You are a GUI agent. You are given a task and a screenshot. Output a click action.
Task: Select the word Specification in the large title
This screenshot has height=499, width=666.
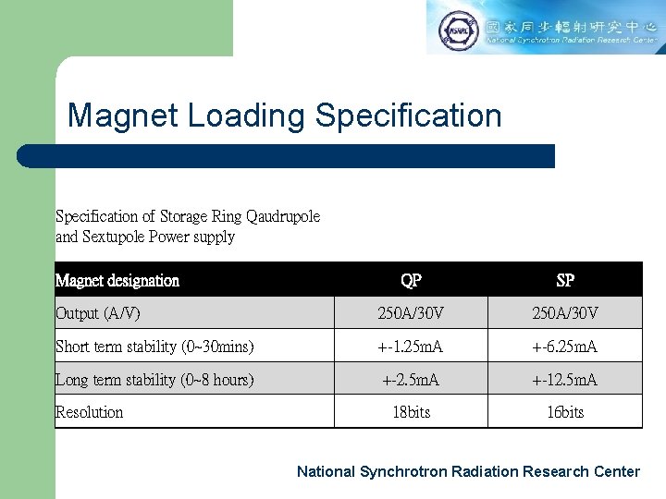click(408, 116)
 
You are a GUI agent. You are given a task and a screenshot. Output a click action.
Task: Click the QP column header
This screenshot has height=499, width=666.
click(411, 280)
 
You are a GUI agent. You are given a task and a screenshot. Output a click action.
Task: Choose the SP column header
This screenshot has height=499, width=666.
click(565, 280)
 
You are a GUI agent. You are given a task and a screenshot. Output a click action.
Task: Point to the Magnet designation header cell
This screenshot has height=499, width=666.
click(117, 280)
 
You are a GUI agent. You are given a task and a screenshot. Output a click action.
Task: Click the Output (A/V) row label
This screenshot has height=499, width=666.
click(98, 313)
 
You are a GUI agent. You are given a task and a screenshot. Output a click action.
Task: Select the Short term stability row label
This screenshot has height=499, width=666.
click(154, 347)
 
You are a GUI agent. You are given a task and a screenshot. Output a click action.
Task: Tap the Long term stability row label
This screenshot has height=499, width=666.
click(154, 380)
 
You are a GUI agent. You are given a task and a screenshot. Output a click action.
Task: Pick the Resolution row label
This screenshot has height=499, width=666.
click(89, 412)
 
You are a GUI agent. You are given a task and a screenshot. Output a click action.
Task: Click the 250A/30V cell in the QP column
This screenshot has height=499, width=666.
click(411, 313)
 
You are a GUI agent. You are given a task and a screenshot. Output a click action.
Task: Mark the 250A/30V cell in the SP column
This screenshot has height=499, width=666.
click(565, 313)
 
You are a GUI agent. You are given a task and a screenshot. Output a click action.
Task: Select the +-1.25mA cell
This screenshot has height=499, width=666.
click(411, 347)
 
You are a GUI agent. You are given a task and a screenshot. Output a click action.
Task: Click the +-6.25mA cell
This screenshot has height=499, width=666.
click(565, 347)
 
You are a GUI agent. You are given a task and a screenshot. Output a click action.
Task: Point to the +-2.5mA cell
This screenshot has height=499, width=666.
click(411, 380)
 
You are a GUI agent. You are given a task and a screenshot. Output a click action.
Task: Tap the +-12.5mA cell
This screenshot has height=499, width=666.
click(565, 380)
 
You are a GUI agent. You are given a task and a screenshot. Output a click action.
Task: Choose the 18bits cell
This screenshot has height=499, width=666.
click(411, 412)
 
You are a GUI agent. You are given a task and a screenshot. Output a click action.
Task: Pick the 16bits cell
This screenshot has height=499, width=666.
click(565, 412)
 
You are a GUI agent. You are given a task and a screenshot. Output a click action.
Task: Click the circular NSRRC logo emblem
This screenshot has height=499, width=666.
click(456, 29)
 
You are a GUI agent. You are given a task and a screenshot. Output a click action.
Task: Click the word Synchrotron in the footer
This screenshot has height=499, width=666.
click(402, 471)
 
